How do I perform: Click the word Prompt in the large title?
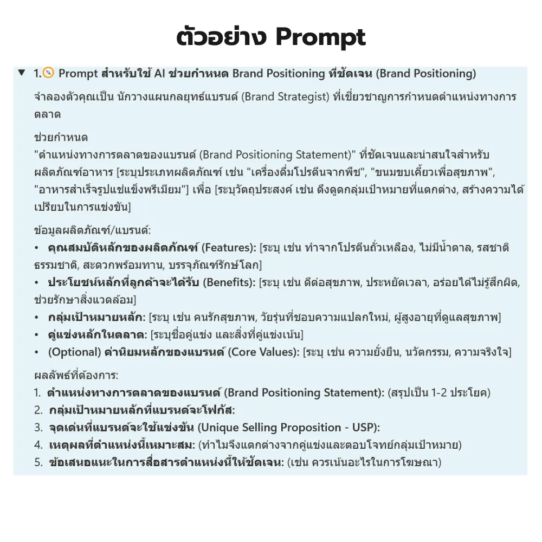(320, 37)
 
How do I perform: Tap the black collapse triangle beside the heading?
(21, 73)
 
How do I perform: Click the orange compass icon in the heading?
(48, 73)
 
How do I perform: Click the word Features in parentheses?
(227, 248)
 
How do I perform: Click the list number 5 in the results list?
(37, 462)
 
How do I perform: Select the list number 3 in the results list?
(37, 427)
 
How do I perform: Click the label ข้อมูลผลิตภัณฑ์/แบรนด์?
(84, 230)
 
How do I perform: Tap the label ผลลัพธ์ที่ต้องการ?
(76, 375)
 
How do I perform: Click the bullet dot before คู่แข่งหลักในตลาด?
(36, 334)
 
